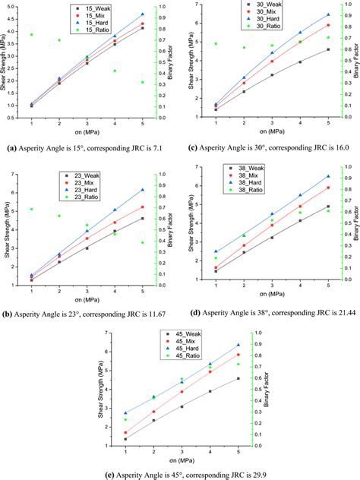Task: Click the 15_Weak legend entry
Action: tap(104, 8)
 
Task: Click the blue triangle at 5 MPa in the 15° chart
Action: tap(143, 14)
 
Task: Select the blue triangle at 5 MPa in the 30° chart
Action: tap(328, 14)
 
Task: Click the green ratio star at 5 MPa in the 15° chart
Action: tap(143, 82)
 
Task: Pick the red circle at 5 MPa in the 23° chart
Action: tap(143, 207)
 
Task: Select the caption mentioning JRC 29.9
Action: tap(181, 474)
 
